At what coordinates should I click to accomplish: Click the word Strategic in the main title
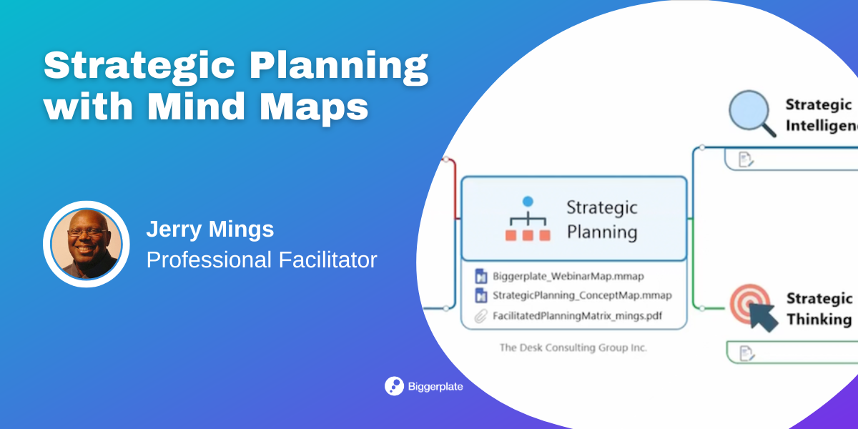click(x=139, y=65)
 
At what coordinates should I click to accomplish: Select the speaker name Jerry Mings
click(x=210, y=229)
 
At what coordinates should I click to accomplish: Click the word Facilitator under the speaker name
click(x=327, y=260)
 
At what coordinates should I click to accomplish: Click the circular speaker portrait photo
click(x=87, y=244)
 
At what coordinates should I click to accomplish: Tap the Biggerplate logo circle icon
click(x=394, y=386)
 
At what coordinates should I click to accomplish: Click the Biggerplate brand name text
click(x=435, y=387)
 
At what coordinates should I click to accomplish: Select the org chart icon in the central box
click(x=528, y=219)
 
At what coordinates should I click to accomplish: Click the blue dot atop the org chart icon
click(x=528, y=202)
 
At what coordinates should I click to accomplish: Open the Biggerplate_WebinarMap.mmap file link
click(x=568, y=276)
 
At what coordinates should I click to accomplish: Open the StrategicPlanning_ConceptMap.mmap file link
click(x=582, y=295)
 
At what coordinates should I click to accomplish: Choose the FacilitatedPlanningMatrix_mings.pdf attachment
click(x=577, y=316)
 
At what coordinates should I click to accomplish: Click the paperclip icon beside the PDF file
click(x=480, y=316)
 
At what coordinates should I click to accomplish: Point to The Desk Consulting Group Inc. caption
click(x=573, y=347)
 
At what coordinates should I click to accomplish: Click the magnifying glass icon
click(x=752, y=114)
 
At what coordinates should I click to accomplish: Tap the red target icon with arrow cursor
click(x=754, y=308)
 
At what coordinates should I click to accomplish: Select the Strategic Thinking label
click(x=819, y=309)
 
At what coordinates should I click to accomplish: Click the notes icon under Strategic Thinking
click(x=746, y=353)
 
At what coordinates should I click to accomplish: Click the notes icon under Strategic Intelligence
click(x=745, y=159)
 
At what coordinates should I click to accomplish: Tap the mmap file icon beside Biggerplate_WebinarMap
click(x=481, y=276)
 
